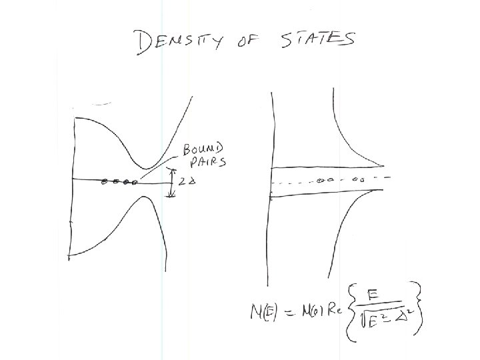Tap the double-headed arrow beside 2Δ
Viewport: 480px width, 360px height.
click(171, 182)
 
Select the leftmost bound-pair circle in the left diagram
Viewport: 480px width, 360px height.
click(103, 180)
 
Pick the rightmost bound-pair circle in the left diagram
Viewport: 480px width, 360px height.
click(135, 180)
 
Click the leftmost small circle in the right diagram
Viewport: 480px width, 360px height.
click(320, 180)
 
